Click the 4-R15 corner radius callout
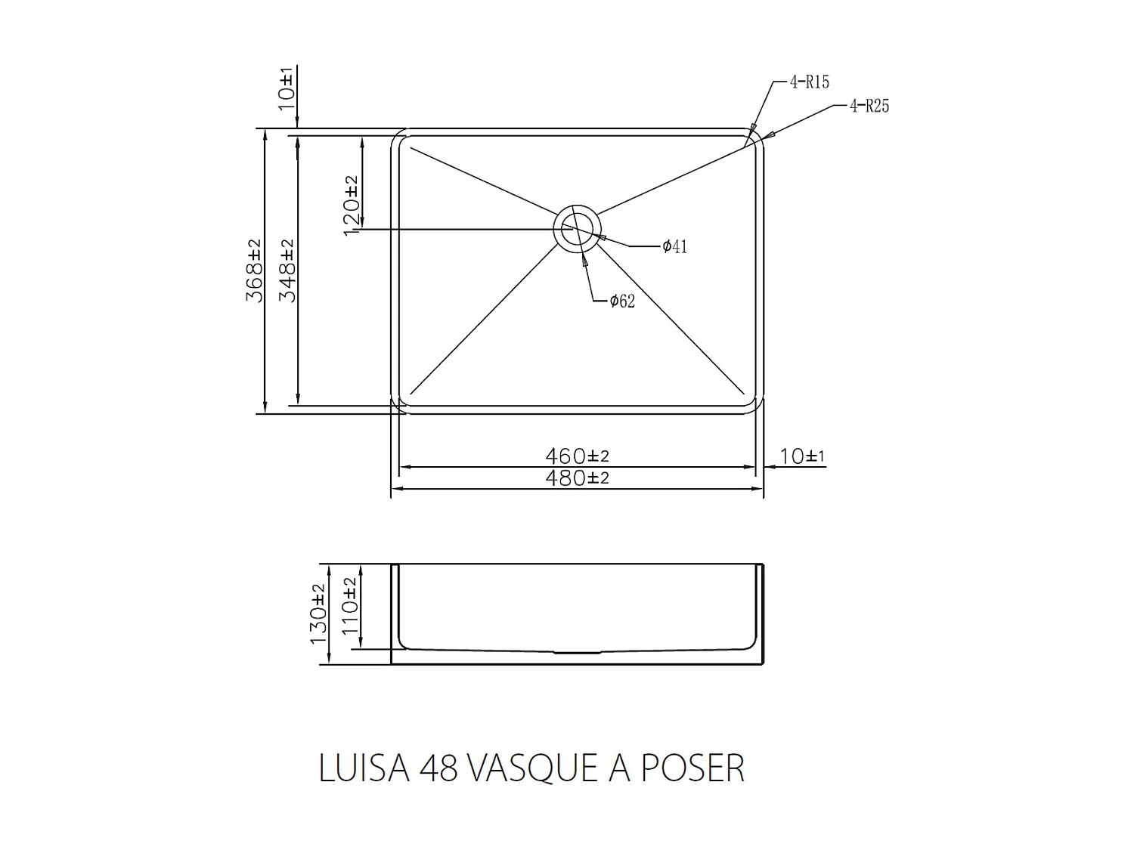[809, 82]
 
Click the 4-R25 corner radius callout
[869, 106]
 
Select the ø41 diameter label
[674, 246]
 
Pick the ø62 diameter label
[622, 301]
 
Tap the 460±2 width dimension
[577, 456]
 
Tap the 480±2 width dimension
[577, 478]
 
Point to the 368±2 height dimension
[254, 270]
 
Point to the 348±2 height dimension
[287, 270]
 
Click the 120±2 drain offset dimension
[351, 206]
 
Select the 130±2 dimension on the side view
[318, 614]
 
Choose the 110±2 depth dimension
[350, 606]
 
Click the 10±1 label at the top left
[287, 89]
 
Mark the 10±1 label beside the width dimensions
[802, 456]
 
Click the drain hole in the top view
[578, 228]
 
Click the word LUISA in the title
[364, 768]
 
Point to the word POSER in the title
[693, 768]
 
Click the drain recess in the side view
[578, 651]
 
